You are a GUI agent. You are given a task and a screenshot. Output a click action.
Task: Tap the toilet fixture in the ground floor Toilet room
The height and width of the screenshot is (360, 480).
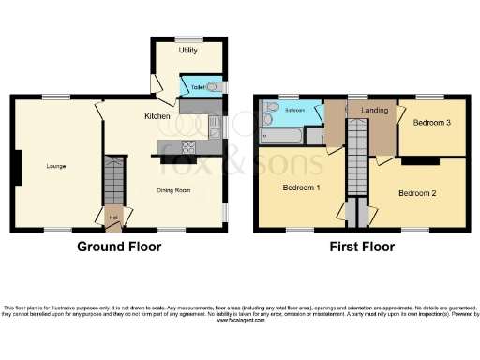pos(214,87)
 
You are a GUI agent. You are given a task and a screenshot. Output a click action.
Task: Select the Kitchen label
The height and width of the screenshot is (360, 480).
pos(157,116)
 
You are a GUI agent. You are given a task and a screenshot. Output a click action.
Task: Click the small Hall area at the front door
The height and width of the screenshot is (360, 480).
pos(112,217)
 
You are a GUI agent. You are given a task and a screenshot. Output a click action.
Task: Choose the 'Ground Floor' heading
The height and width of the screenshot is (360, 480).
pos(118,247)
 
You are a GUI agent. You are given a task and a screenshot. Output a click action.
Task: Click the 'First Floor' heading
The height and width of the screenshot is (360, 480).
pos(361,247)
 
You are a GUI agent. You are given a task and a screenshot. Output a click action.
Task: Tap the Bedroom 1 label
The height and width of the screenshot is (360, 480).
pos(301,187)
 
